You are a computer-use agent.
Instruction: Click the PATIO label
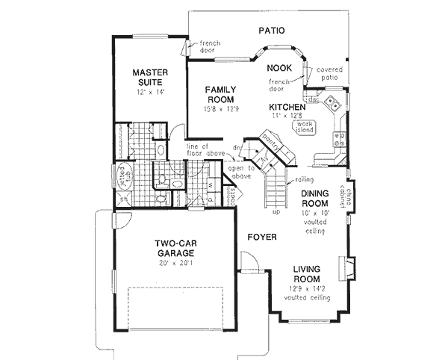(273, 31)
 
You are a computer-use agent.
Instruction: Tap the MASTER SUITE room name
(150, 78)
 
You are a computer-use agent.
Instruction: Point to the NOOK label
(279, 68)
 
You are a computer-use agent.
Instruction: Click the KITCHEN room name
(287, 108)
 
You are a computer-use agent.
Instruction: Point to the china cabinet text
(349, 197)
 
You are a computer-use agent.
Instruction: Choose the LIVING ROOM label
(311, 275)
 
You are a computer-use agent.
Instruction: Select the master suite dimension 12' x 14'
(150, 92)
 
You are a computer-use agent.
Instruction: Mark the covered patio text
(331, 72)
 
